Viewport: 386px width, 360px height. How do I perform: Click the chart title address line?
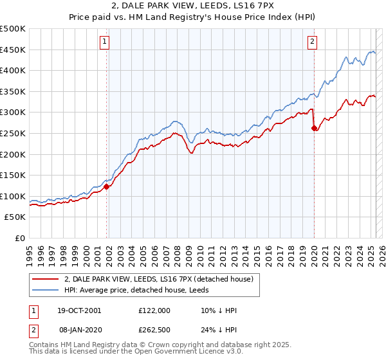click(193, 6)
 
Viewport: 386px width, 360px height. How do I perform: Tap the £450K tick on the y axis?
click(13, 50)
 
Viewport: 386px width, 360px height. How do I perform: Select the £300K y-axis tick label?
click(13, 113)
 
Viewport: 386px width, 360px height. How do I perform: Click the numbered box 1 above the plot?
click(104, 42)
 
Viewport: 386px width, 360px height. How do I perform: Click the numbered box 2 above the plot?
click(312, 42)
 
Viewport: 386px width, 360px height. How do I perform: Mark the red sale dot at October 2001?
click(107, 186)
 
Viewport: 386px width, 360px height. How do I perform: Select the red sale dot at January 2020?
click(314, 128)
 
